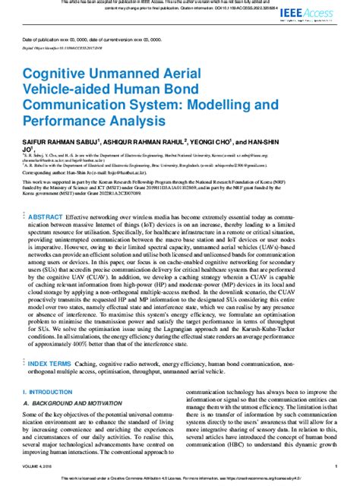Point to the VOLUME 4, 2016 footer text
coord(38,467)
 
